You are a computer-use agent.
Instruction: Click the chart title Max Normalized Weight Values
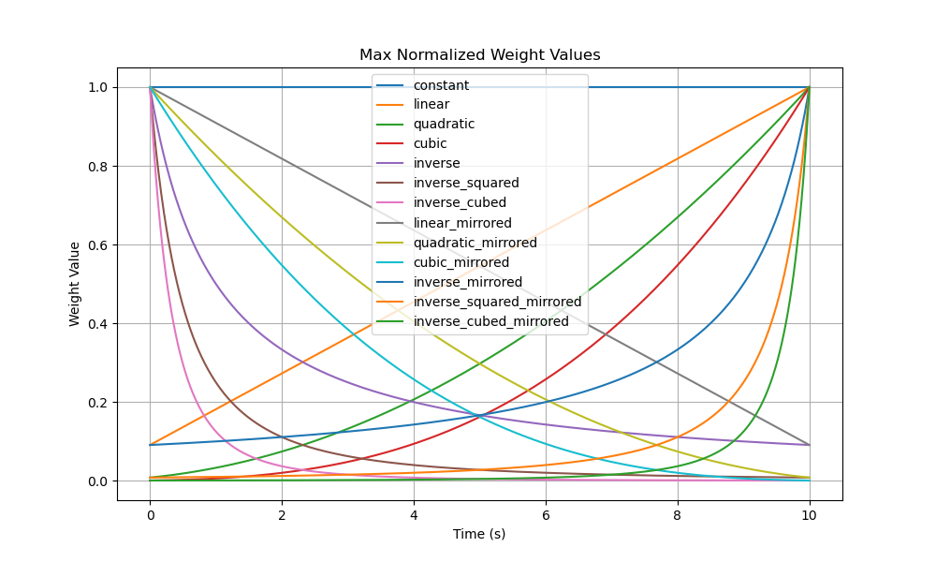tap(479, 55)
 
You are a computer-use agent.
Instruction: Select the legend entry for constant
tap(441, 85)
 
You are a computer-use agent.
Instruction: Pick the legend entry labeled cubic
tap(430, 144)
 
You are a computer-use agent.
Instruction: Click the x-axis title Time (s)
tap(479, 534)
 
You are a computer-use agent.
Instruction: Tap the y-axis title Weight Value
tap(75, 284)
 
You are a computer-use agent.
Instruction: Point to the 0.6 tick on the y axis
tap(97, 245)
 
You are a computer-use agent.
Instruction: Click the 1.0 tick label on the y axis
tap(97, 87)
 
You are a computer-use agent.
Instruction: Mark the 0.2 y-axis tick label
tap(97, 403)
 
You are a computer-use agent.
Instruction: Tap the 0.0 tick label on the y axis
tap(97, 481)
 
